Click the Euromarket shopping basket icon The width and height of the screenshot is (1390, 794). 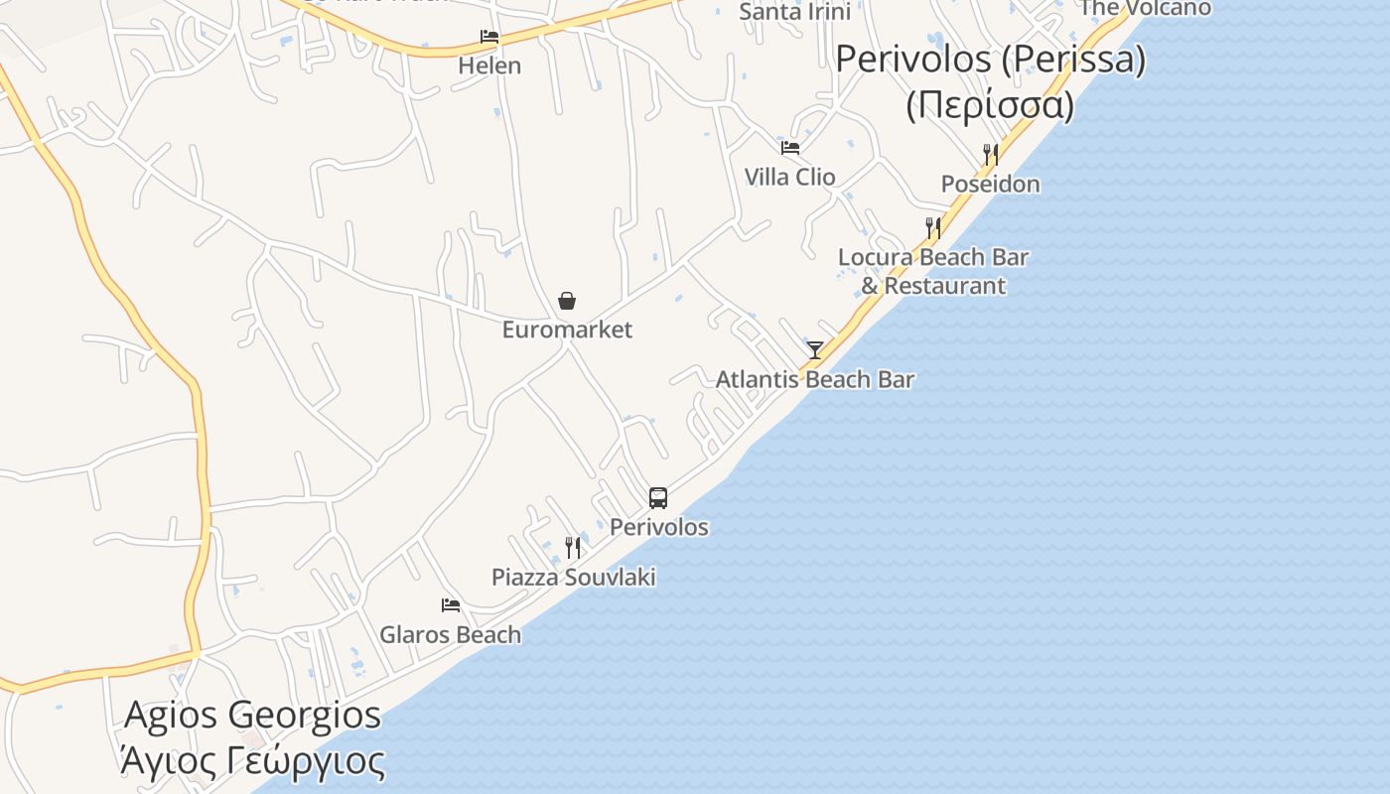567,301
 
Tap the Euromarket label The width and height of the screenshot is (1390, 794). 567,330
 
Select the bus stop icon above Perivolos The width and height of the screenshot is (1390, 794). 658,498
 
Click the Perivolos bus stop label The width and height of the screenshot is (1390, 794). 659,527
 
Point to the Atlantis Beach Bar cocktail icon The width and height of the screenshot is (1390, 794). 815,350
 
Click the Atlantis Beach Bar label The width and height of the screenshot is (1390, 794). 815,379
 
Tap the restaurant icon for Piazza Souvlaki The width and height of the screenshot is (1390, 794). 573,548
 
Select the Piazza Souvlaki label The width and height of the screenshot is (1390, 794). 574,577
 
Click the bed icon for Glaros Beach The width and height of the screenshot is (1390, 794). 451,605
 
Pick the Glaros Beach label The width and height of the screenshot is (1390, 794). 450,634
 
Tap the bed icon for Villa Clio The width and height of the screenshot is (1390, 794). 790,148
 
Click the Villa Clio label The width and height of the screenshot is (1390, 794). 790,177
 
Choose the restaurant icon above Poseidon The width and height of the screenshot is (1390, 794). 990,155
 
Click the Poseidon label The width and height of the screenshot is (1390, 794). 991,184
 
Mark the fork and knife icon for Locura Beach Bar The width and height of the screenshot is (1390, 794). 933,228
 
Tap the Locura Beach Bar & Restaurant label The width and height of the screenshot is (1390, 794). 933,271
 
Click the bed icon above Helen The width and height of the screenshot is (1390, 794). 489,37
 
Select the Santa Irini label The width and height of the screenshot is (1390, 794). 795,12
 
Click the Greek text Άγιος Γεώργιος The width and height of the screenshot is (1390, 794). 252,761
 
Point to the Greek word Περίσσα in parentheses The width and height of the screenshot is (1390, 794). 990,104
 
